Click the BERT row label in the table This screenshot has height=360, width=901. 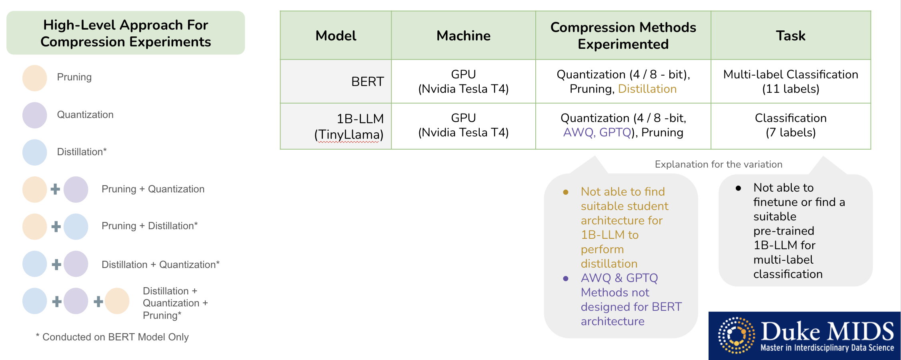pos(367,82)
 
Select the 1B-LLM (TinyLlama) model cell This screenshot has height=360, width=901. pos(349,126)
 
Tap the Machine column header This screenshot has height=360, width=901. pos(463,36)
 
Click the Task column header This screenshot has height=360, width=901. pos(791,36)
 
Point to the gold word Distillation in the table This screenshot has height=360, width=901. pos(647,89)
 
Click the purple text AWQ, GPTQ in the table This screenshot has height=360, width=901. pos(597,132)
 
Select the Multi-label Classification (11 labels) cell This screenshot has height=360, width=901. pos(791,82)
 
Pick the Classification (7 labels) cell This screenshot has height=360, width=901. pos(791,125)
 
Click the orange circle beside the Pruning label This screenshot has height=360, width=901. pos(35,78)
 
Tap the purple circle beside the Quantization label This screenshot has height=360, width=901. pos(35,115)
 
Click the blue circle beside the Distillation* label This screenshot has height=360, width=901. pos(35,152)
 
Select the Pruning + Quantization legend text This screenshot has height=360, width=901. pos(153,189)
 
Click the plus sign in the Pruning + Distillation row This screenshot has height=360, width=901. pos(56,226)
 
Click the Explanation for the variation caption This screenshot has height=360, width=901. pos(718,164)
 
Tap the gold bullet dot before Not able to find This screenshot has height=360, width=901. pos(566,192)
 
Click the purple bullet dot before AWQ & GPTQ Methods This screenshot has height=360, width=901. pos(566,278)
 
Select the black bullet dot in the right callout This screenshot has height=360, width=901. pos(738,188)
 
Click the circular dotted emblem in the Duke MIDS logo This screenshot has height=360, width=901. pos(736,335)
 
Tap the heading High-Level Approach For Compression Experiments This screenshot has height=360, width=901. pos(126,33)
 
